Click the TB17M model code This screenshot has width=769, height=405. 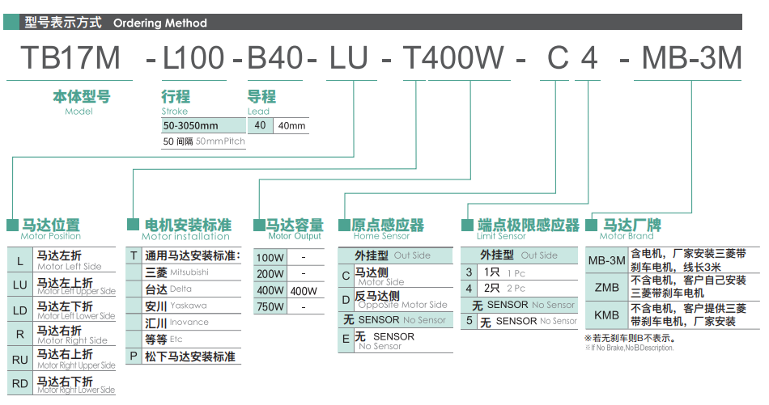click(x=70, y=57)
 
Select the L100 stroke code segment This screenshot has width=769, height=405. click(x=193, y=57)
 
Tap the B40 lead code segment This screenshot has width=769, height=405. click(x=275, y=57)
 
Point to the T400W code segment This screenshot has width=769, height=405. click(x=453, y=57)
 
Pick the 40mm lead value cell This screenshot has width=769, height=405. click(x=291, y=126)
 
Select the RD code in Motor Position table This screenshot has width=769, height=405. click(x=20, y=383)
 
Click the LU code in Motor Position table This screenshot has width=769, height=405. click(x=20, y=285)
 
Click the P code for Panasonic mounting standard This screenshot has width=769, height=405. click(x=133, y=356)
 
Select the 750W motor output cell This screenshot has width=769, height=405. click(x=270, y=307)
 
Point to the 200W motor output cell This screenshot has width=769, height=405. click(x=270, y=274)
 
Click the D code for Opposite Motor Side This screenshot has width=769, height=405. click(x=346, y=299)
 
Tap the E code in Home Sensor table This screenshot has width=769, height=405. click(x=346, y=339)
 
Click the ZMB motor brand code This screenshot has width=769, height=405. click(x=606, y=287)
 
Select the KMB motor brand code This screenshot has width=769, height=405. click(x=606, y=315)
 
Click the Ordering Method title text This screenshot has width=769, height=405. click(x=160, y=23)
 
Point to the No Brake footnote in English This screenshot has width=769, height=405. click(x=630, y=348)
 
